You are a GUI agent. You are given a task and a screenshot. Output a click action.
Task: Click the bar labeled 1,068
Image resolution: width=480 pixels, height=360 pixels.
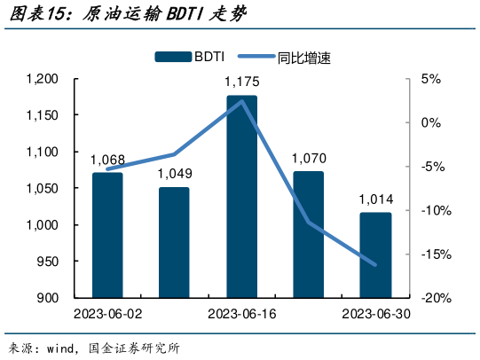click(x=107, y=235)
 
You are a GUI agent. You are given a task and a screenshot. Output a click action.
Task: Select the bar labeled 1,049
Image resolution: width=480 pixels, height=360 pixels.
click(x=174, y=242)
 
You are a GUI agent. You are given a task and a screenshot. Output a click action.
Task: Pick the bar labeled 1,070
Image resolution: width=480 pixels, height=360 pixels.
click(x=308, y=234)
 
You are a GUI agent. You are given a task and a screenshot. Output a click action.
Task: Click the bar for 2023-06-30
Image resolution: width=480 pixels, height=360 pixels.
click(x=375, y=254)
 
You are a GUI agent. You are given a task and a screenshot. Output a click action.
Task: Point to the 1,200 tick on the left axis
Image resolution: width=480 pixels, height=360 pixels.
click(x=42, y=79)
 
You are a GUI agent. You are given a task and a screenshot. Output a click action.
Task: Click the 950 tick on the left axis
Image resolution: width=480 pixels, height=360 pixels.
click(x=46, y=262)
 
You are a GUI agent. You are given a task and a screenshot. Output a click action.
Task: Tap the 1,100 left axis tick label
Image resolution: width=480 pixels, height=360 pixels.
click(x=42, y=153)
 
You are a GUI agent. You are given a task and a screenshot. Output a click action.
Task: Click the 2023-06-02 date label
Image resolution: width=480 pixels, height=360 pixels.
click(x=107, y=314)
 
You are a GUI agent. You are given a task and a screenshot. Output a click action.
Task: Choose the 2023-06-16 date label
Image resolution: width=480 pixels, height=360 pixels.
click(x=241, y=314)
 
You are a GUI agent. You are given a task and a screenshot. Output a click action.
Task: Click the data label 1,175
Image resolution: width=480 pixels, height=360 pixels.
click(x=241, y=82)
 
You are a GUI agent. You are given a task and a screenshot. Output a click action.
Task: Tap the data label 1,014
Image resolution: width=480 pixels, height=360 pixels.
click(x=375, y=200)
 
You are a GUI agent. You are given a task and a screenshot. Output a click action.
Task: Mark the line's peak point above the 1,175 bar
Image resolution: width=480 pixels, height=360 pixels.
click(x=241, y=101)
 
